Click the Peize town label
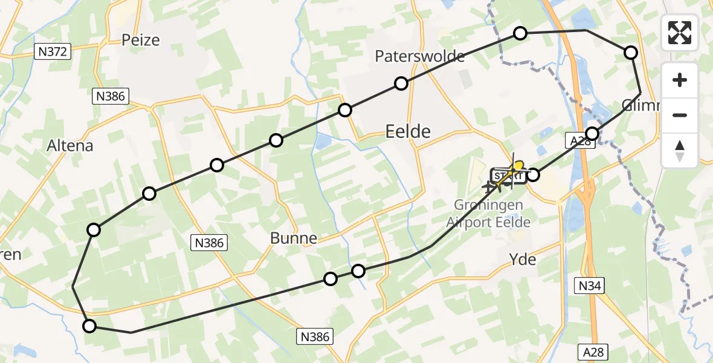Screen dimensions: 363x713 click(140, 41)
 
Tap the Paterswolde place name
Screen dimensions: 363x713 click(419, 56)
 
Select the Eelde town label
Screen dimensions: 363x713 click(408, 131)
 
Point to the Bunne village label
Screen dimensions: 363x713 click(294, 238)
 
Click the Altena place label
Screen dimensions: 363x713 click(70, 146)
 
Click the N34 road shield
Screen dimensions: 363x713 click(589, 286)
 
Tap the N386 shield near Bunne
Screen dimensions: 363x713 click(210, 243)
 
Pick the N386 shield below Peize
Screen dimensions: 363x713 click(110, 96)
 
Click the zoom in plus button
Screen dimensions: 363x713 click(680, 80)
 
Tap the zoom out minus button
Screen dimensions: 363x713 click(680, 115)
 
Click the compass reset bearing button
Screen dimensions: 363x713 click(680, 150)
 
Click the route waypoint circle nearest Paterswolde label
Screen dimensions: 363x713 click(401, 83)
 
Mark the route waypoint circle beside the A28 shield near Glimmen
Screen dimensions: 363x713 click(593, 134)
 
